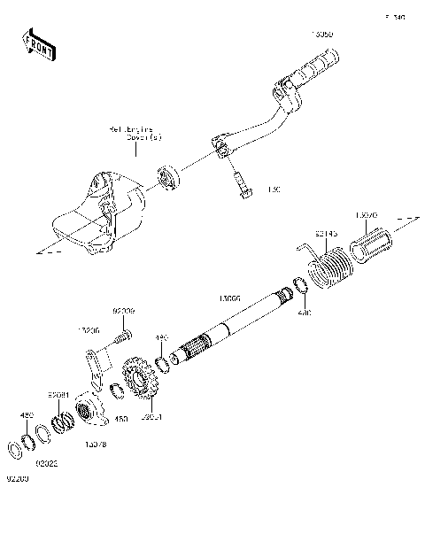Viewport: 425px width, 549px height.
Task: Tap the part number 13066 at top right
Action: click(322, 35)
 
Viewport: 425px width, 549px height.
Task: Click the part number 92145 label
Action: click(327, 235)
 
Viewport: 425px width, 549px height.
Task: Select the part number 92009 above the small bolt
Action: click(124, 312)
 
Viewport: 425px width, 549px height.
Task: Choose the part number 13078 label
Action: click(96, 443)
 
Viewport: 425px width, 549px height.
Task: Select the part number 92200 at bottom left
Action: click(18, 479)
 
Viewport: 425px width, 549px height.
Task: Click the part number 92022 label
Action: click(47, 461)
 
